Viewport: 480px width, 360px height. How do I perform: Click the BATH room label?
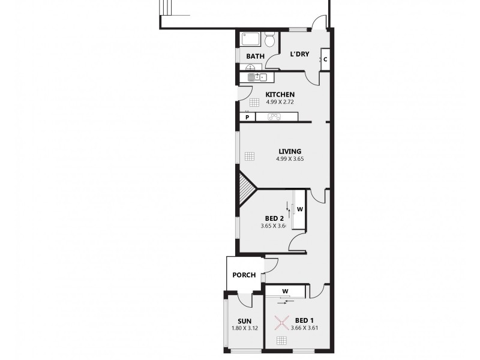255,56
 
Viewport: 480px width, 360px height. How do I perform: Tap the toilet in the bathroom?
270,40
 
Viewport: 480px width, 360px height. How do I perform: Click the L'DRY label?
299,54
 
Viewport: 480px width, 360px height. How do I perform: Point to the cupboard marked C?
325,59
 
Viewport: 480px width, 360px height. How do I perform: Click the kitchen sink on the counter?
253,77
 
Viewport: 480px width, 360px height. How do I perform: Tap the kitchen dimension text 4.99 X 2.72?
280,102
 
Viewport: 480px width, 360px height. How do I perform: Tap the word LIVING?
289,151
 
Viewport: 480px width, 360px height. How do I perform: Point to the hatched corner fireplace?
247,188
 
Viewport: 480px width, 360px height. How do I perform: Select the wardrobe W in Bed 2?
299,209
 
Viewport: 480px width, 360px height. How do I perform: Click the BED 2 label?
274,218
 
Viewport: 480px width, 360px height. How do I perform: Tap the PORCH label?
244,275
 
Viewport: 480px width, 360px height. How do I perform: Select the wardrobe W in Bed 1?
286,292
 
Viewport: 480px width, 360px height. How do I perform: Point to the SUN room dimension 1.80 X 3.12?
244,328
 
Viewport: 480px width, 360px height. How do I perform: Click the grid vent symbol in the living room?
250,157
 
